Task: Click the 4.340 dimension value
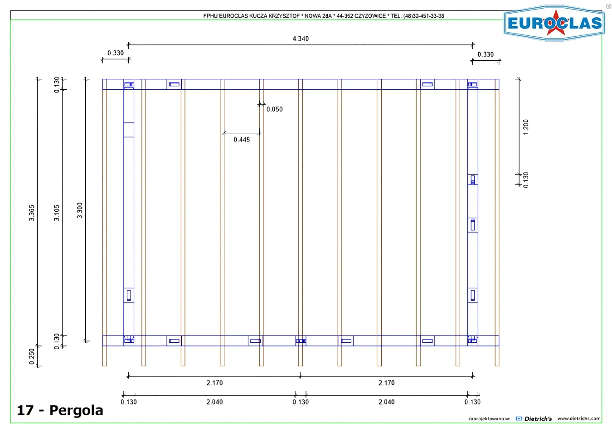(301, 39)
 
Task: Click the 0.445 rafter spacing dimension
(242, 140)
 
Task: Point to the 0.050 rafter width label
(274, 109)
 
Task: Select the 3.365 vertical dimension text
(32, 213)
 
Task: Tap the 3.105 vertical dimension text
(57, 213)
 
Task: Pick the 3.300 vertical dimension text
(79, 210)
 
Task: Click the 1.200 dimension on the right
(526, 127)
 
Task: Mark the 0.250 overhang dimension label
(32, 356)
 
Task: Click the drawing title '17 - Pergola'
(60, 410)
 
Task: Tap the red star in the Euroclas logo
(556, 23)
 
